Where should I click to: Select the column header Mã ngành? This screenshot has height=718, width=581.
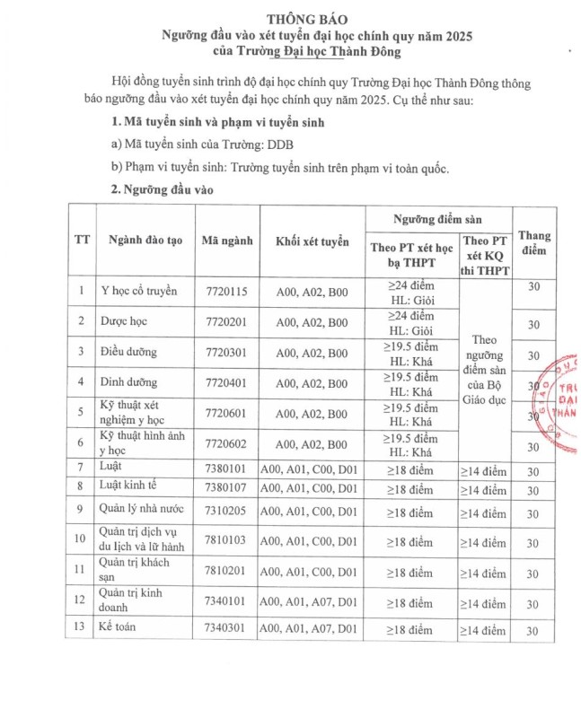coord(226,241)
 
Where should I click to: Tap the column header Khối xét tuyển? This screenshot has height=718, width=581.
coord(312,241)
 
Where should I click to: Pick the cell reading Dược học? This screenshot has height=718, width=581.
coord(125,320)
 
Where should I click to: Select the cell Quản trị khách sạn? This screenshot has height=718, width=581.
coord(134,571)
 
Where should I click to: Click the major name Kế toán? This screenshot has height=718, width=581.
coord(121,630)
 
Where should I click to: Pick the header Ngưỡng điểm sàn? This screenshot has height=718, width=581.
coord(437,218)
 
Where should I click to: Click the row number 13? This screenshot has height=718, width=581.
coord(82,630)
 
